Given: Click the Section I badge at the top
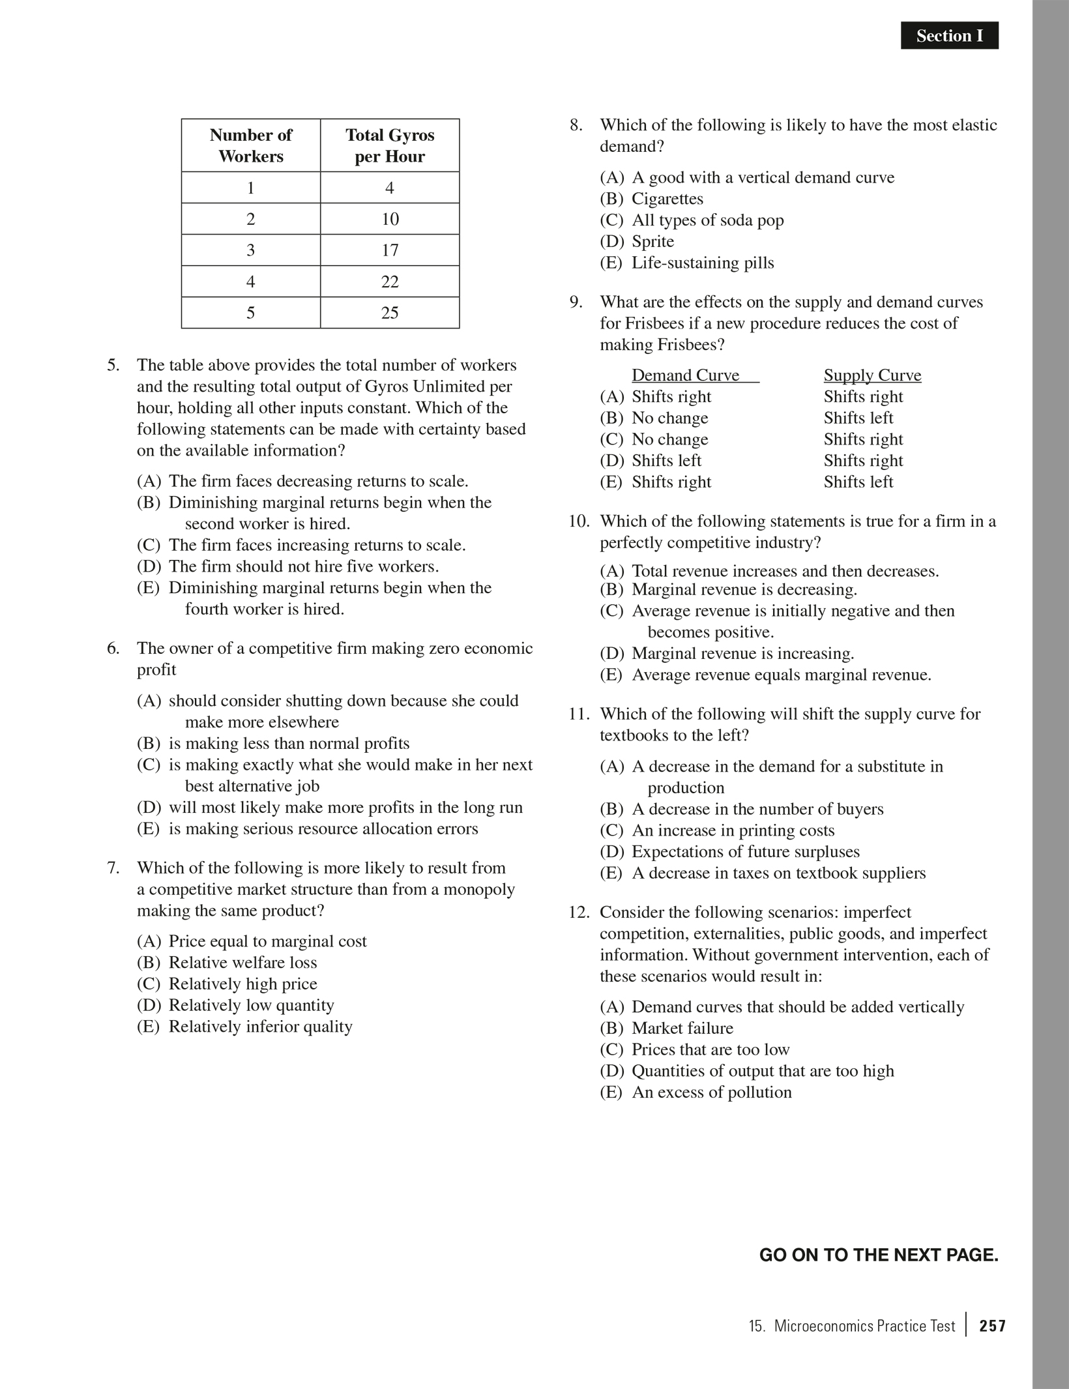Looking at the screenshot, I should click(x=949, y=36).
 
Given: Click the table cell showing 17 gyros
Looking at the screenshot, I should click(x=390, y=250).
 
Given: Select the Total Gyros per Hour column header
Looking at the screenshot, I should click(x=390, y=145).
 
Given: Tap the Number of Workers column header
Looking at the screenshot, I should click(x=251, y=145).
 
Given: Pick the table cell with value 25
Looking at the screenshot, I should click(x=390, y=313).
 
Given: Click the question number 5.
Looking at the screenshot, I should click(x=113, y=365).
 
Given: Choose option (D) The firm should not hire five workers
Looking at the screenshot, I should click(x=303, y=566).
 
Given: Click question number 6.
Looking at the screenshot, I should click(x=113, y=649).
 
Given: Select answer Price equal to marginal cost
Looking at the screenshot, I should click(x=267, y=941).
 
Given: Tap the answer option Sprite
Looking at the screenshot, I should click(x=652, y=242).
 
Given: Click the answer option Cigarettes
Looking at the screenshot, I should click(x=667, y=199).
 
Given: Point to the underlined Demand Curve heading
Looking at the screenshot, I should click(x=685, y=375).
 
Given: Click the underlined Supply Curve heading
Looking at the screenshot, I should click(x=872, y=375).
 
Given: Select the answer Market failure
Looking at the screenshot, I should click(x=682, y=1029).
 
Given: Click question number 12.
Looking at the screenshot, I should click(x=579, y=913).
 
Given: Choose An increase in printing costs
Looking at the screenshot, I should click(x=733, y=831).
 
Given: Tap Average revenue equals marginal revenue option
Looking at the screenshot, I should click(x=781, y=675).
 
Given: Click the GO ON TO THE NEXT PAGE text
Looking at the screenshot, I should click(x=879, y=1255).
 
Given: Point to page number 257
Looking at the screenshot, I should click(x=992, y=1326).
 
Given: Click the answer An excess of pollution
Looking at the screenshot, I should click(x=711, y=1092).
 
